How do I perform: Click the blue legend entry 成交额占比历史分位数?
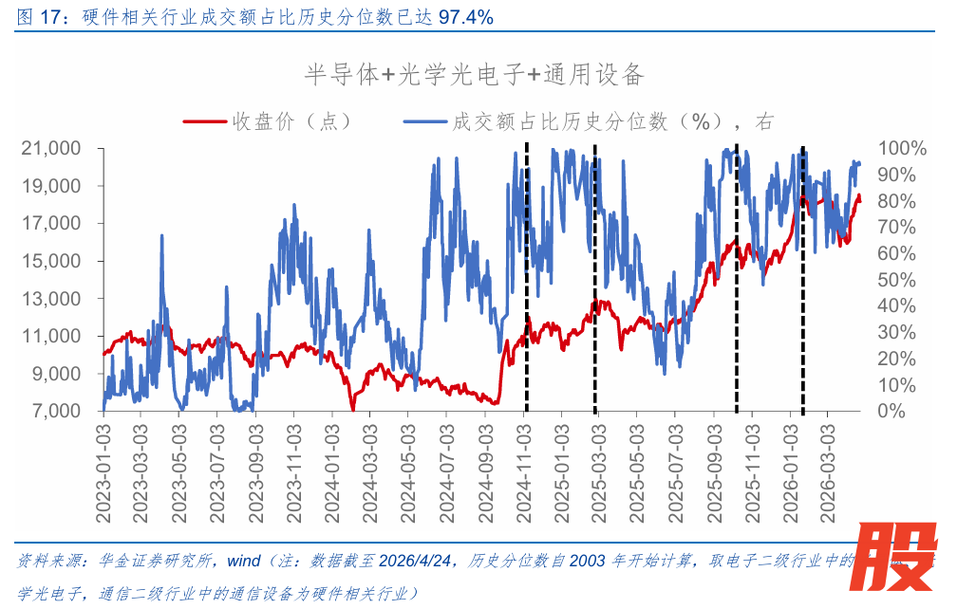589,121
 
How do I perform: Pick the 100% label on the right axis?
901,149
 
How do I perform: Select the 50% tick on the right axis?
897,281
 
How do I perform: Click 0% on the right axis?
891,412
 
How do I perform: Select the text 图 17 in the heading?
33,16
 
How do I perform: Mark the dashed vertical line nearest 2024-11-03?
527,285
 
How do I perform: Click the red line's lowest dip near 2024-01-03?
352,409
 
